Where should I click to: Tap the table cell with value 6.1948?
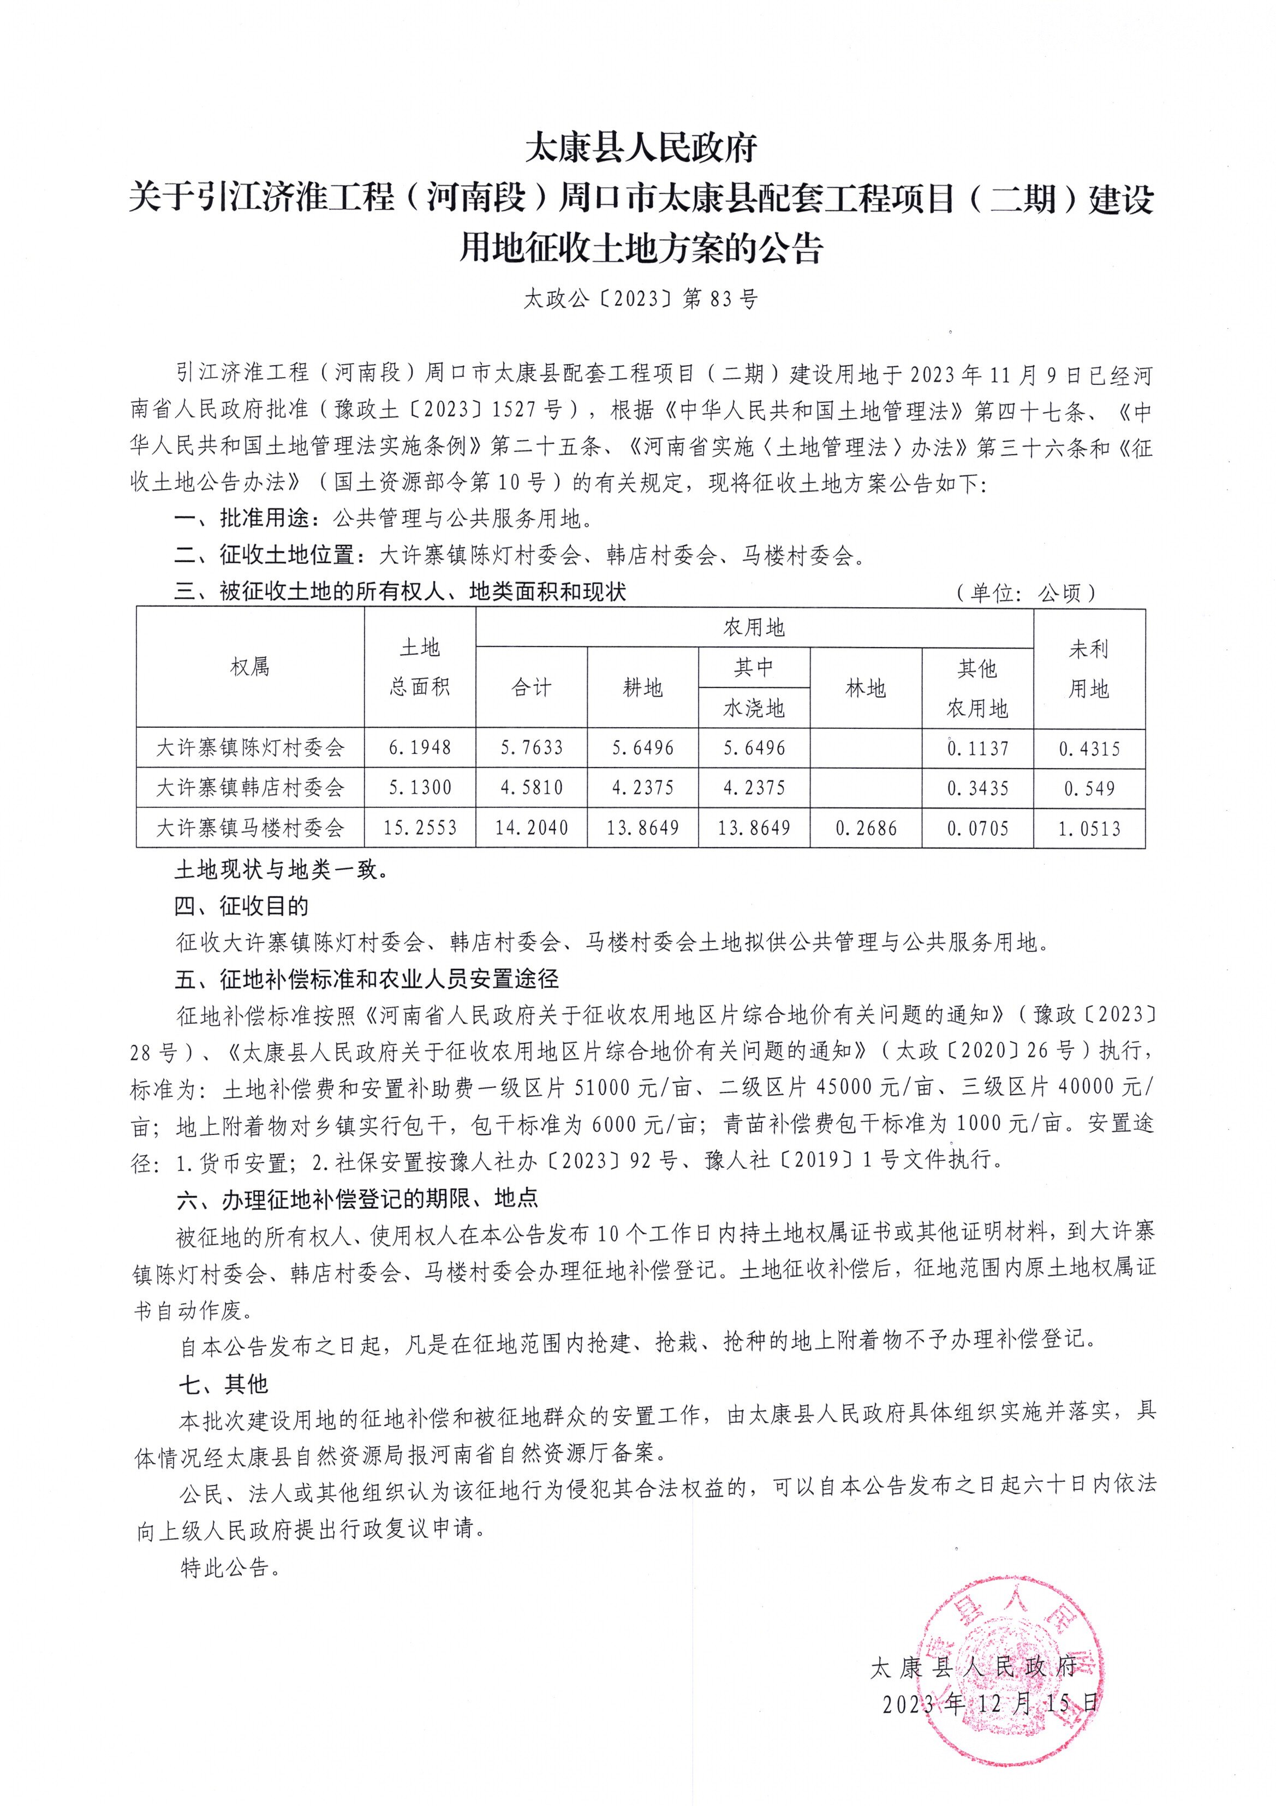click(420, 747)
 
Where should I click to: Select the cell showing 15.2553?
click(420, 828)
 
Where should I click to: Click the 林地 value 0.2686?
click(865, 828)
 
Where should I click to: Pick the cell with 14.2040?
click(532, 828)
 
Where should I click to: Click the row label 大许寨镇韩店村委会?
click(250, 787)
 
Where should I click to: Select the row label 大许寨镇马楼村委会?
click(250, 828)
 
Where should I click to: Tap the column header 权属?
click(250, 667)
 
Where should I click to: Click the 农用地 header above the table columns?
click(753, 627)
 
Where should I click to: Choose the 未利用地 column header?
click(1088, 669)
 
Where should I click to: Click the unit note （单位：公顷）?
click(1025, 593)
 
